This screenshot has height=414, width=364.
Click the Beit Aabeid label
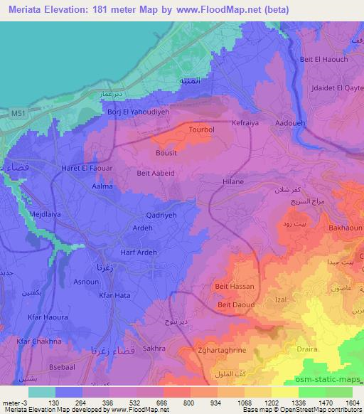(156, 171)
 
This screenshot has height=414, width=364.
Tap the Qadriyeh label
(161, 211)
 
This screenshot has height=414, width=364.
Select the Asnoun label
(85, 282)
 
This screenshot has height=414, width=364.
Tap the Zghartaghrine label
(222, 350)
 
